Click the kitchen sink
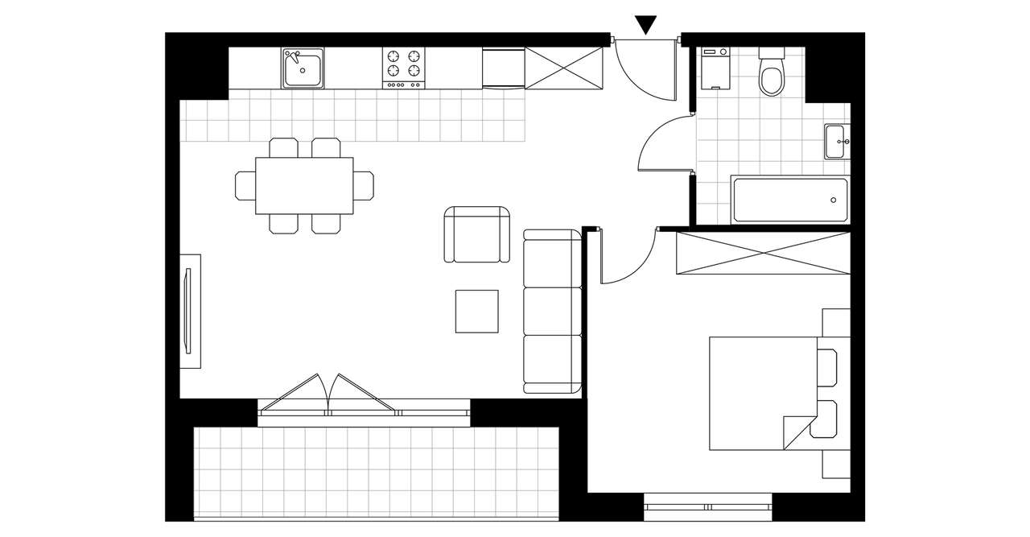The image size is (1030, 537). tap(303, 68)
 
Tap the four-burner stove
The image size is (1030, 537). tap(403, 68)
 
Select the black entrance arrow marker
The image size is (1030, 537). tap(645, 25)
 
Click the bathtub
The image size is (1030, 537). tap(789, 200)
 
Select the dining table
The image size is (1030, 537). tap(304, 185)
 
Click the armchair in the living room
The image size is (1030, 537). tap(478, 234)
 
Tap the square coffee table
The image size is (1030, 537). tap(478, 311)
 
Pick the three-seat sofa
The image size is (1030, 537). tap(552, 311)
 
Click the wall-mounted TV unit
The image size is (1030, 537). tap(190, 311)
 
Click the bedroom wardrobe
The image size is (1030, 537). tap(763, 254)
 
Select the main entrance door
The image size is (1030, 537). tap(645, 69)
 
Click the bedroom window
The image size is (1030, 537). tap(708, 507)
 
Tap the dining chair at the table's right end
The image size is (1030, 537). tap(365, 185)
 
